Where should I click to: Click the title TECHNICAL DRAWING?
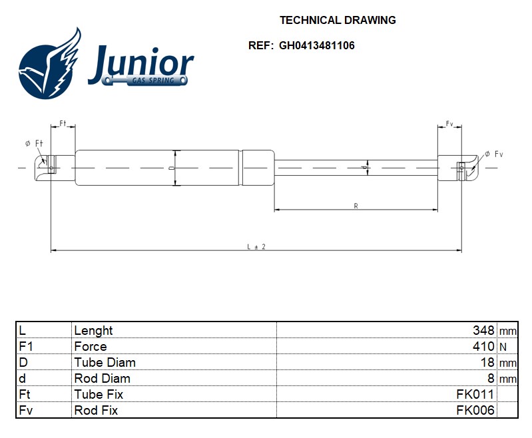[338, 20]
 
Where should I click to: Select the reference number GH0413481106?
[316, 45]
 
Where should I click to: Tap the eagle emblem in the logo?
[50, 64]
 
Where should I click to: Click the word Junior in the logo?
[141, 63]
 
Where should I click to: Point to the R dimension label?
[356, 206]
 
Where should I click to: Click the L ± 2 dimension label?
[256, 247]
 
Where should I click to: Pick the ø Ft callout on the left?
[34, 144]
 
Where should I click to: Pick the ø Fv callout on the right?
[493, 154]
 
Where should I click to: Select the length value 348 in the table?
[483, 330]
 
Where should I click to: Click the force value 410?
[483, 346]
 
